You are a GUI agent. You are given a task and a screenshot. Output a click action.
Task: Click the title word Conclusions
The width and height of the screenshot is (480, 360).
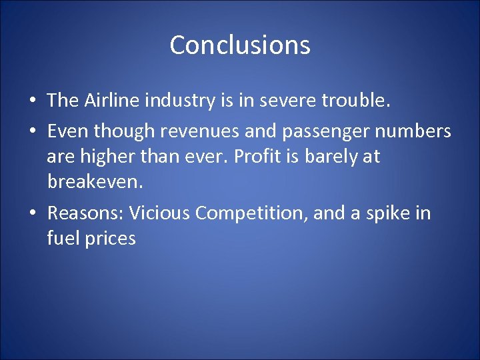240,45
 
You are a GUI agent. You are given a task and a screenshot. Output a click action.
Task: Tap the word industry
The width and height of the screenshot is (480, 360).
181,100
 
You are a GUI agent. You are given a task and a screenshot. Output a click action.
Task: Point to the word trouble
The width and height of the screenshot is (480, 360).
354,100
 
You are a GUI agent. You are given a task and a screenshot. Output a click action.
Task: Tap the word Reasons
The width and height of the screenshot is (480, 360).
84,213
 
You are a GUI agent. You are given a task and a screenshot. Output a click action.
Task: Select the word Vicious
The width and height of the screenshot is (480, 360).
160,213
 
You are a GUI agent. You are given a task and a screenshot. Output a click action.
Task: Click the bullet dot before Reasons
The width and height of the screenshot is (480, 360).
33,214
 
